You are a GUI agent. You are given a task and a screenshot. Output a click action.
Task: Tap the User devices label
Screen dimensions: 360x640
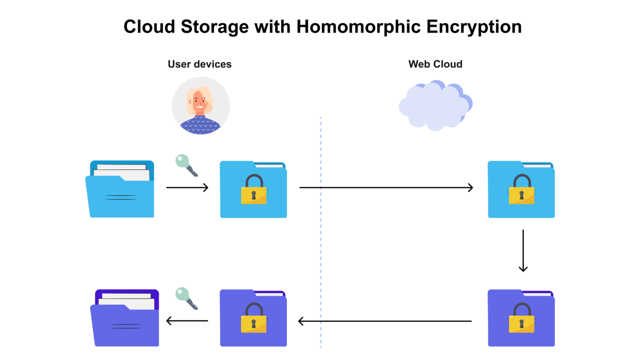(x=200, y=64)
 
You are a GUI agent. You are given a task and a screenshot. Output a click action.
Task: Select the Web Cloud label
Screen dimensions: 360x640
(x=435, y=64)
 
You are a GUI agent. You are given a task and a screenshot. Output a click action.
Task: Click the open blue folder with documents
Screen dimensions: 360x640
(x=120, y=190)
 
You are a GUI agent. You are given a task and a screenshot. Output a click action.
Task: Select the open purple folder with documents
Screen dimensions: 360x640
(x=124, y=318)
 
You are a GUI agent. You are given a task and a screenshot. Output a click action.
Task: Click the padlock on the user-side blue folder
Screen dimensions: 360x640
(x=253, y=190)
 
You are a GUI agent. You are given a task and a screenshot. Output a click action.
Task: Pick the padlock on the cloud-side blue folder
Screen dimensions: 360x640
(x=521, y=190)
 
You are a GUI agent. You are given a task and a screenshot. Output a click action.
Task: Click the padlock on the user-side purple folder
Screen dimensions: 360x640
(x=253, y=319)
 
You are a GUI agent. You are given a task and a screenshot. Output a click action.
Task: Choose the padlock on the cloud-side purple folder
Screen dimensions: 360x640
(x=521, y=319)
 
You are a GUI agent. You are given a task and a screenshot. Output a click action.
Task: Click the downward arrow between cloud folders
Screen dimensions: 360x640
(x=523, y=250)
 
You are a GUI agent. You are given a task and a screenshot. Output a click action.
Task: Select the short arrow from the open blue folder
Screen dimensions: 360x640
(x=187, y=188)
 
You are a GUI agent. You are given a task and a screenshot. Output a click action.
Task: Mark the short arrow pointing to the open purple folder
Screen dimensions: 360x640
(x=187, y=321)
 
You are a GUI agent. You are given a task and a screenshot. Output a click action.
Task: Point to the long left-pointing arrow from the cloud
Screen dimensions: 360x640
(x=385, y=321)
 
